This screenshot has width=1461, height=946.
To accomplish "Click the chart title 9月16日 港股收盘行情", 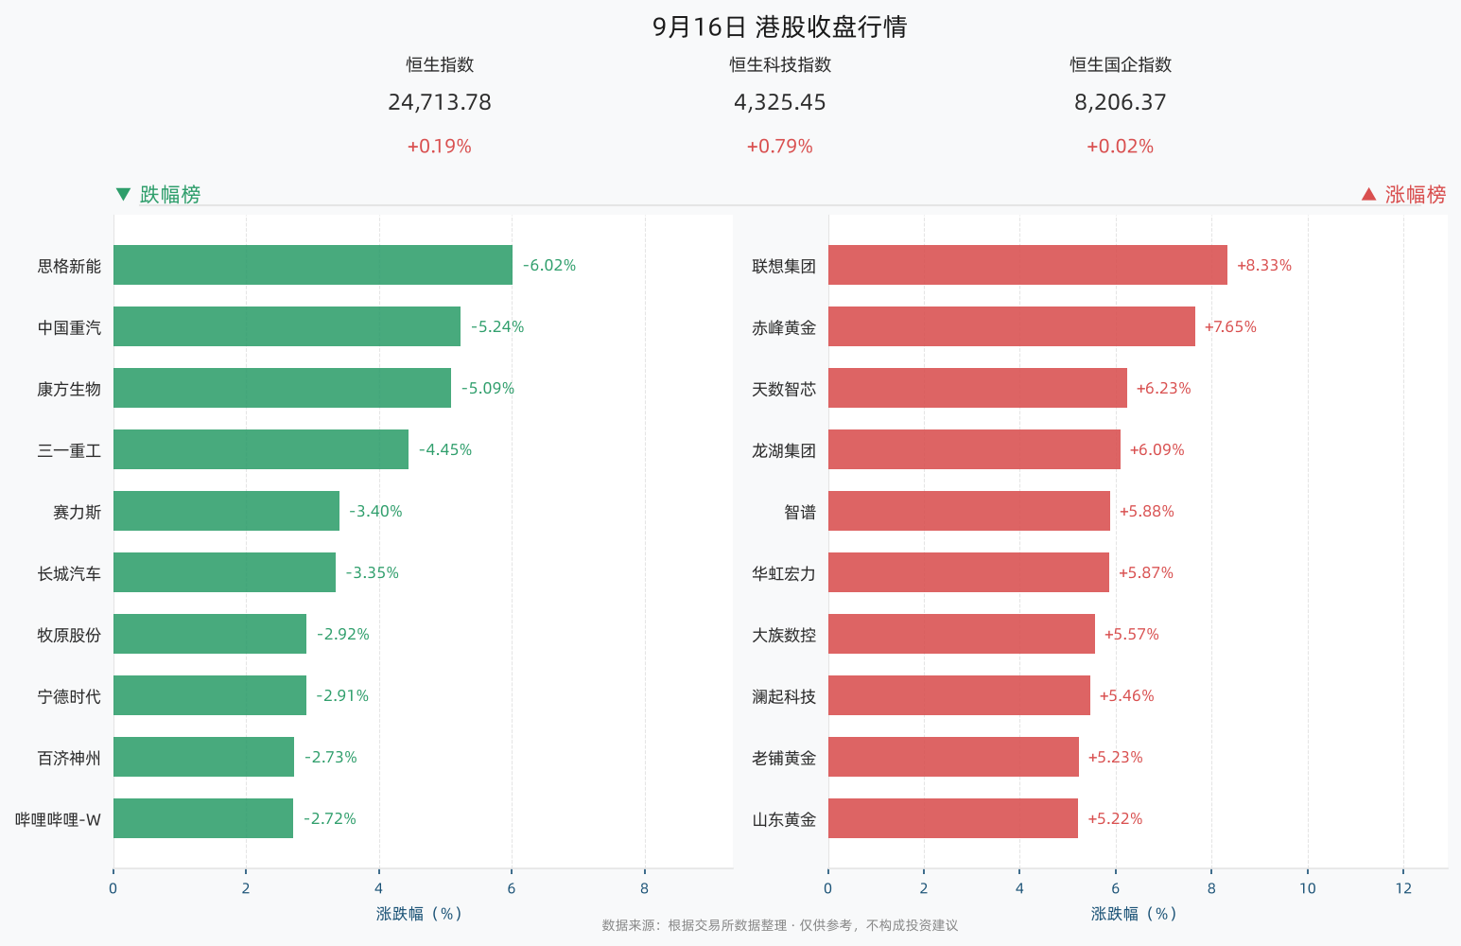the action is (x=779, y=27).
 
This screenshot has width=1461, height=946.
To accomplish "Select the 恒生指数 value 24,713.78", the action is (x=440, y=102).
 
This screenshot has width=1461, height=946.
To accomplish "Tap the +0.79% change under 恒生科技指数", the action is (x=779, y=146).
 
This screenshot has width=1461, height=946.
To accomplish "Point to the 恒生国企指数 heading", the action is (x=1121, y=64).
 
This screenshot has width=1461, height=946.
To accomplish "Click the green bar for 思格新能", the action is (x=313, y=265).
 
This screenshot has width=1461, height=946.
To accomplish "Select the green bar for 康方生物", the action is (x=283, y=388).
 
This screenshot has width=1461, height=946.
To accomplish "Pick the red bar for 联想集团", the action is (x=1028, y=265).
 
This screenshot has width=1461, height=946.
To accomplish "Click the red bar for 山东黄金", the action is (x=953, y=818).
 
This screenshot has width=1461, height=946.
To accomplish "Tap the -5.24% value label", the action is (x=497, y=326).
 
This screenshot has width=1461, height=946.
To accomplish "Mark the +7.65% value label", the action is (x=1230, y=326).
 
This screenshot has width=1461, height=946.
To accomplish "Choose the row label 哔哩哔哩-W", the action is (x=58, y=819).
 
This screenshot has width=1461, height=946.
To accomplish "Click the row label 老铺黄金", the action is (x=784, y=758).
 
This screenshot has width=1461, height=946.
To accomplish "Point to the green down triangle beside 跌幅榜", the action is (x=123, y=195).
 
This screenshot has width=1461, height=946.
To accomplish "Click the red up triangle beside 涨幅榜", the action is (x=1369, y=195).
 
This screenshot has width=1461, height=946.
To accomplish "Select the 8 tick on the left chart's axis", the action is (x=644, y=888).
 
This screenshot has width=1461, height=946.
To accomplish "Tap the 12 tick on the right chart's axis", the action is (x=1403, y=888).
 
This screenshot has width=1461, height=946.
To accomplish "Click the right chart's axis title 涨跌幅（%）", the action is (x=1134, y=914).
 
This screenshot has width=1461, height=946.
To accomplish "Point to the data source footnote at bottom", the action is (x=779, y=925).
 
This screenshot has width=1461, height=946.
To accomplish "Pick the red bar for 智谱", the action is (x=969, y=511).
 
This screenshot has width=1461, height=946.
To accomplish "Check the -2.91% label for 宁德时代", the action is (x=342, y=695).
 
